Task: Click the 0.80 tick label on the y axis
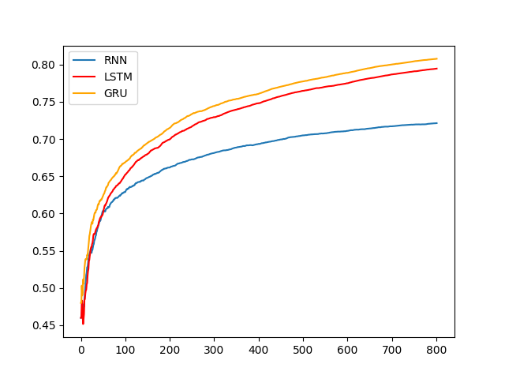(x=45, y=65)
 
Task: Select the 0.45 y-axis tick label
(x=45, y=325)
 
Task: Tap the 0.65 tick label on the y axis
(x=45, y=176)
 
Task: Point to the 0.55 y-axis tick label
(x=45, y=251)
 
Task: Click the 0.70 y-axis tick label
(x=45, y=140)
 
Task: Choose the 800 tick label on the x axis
(x=436, y=349)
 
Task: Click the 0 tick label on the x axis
(x=81, y=349)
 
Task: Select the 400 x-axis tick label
(x=259, y=349)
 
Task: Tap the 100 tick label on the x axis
(x=125, y=349)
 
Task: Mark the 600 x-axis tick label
(x=348, y=349)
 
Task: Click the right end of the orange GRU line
(x=436, y=58)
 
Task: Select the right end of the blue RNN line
(x=436, y=123)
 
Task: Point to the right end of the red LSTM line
(x=436, y=69)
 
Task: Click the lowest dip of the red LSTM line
(x=83, y=324)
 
